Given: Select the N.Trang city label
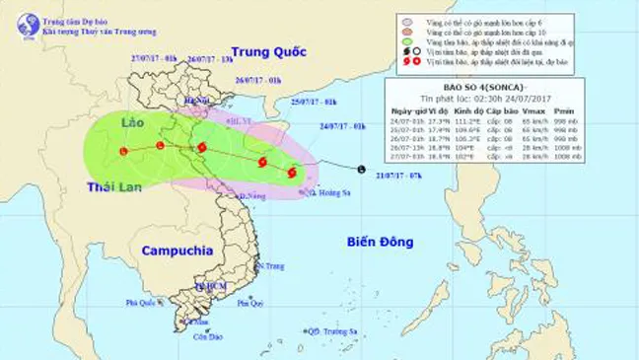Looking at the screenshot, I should [x=271, y=266].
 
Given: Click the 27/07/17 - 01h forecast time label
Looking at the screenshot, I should [x=153, y=58].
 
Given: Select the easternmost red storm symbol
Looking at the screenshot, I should [x=292, y=173].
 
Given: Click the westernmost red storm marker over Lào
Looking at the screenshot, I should [x=123, y=151].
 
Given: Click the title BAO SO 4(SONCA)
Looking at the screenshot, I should [x=484, y=101].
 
